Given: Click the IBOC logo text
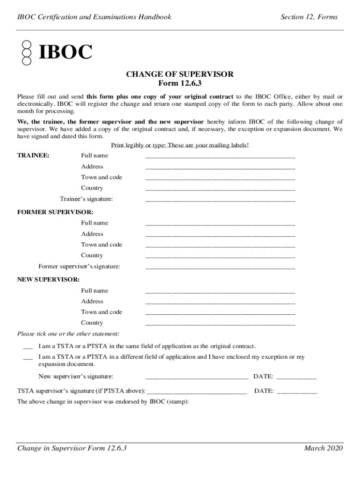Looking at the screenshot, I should click(65, 52).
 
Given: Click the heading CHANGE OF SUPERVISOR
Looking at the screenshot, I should click(180, 74).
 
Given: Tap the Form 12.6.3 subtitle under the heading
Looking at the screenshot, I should click(180, 83).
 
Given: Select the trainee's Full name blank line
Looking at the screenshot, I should click(220, 156).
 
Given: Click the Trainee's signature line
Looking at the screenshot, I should click(220, 200).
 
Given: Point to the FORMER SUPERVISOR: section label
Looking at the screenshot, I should click(55, 212).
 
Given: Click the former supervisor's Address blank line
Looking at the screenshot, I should click(220, 235).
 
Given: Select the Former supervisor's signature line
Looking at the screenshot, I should click(220, 267).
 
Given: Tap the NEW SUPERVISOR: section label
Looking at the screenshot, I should click(48, 279).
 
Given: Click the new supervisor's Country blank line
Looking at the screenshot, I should click(220, 324).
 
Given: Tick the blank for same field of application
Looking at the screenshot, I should click(28, 347).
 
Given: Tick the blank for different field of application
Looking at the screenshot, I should click(28, 358).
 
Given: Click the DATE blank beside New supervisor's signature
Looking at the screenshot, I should click(296, 377).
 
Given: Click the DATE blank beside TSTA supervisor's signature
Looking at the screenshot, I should click(297, 392).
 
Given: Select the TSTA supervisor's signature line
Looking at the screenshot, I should click(197, 392).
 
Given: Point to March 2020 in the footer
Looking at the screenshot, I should click(323, 449).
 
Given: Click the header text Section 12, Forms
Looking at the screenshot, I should click(309, 17).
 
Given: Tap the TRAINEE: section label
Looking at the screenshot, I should click(33, 155).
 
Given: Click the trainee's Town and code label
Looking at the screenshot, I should click(101, 177).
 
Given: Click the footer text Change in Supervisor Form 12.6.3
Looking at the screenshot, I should click(72, 449).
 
